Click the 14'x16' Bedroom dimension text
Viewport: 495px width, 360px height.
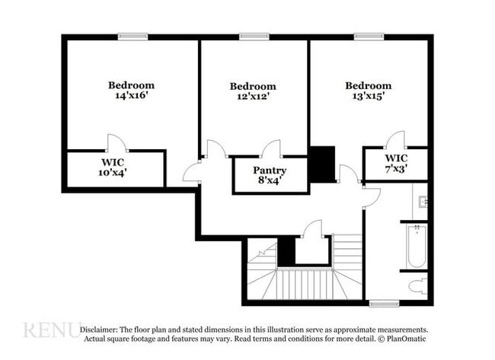[x=131, y=96]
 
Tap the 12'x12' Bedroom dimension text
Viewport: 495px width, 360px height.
[x=253, y=97]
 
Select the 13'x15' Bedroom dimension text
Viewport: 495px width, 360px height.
[x=368, y=97]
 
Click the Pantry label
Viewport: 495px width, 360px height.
[x=270, y=170]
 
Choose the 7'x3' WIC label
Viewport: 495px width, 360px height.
[x=394, y=169]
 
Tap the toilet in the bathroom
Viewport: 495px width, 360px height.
[x=417, y=286]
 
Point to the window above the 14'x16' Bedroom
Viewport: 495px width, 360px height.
[x=133, y=35]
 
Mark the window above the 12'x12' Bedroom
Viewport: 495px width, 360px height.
[x=253, y=35]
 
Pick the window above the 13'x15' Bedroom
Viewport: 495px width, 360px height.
[x=368, y=35]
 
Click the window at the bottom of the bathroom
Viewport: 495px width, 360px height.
[x=384, y=303]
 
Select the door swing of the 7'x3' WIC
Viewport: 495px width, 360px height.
[x=395, y=141]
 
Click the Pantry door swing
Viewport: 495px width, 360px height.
[x=271, y=148]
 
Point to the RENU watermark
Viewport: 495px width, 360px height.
[x=49, y=330]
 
